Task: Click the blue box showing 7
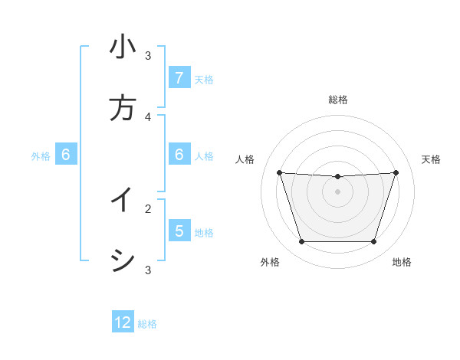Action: pyautogui.click(x=179, y=78)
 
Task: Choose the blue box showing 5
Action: pyautogui.click(x=179, y=231)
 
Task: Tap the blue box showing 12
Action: pyautogui.click(x=123, y=322)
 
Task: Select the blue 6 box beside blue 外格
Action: pyautogui.click(x=66, y=155)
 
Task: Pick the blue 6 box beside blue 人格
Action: pyautogui.click(x=179, y=155)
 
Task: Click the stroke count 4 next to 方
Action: pyautogui.click(x=148, y=116)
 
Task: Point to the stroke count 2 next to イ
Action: pyautogui.click(x=148, y=208)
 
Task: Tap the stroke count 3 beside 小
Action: pyautogui.click(x=148, y=55)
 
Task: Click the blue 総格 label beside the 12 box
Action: pyautogui.click(x=147, y=324)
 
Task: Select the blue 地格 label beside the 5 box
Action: pyautogui.click(x=204, y=232)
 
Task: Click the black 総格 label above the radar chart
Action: pyautogui.click(x=338, y=100)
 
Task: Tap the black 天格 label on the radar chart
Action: pyautogui.click(x=431, y=159)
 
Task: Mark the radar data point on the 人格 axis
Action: pyautogui.click(x=279, y=172)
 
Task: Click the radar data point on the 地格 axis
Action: pyautogui.click(x=374, y=242)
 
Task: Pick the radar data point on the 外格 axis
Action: pyautogui.click(x=301, y=242)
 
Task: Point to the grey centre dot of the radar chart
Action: pyautogui.click(x=338, y=191)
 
